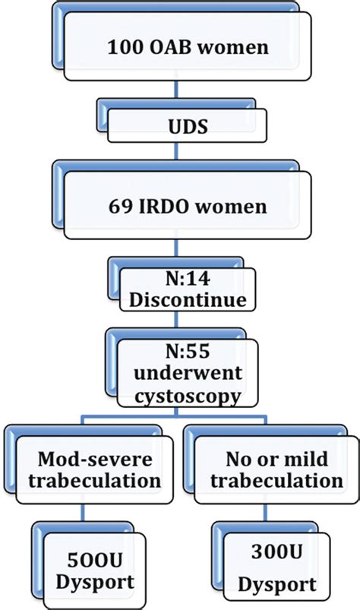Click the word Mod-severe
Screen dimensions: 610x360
(98, 459)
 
